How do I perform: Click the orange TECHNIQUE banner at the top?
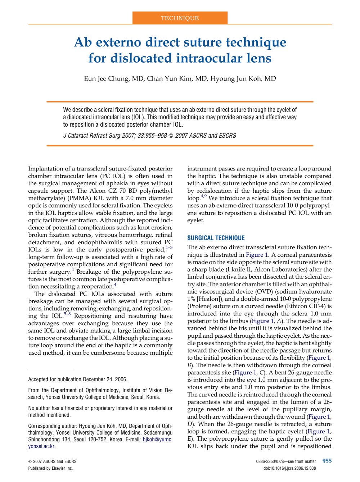click(180, 18)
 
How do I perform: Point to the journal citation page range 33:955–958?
click(152, 136)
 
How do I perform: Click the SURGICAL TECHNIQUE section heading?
click(216, 238)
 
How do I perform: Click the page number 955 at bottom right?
click(327, 461)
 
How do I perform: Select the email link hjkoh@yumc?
click(157, 440)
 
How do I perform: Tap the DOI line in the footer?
click(289, 468)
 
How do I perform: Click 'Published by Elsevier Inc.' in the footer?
click(50, 468)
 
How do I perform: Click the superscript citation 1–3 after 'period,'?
click(169, 248)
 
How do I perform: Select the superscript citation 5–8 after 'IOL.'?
click(67, 314)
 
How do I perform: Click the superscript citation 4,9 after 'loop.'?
click(204, 196)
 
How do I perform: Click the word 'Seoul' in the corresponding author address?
click(80, 440)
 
